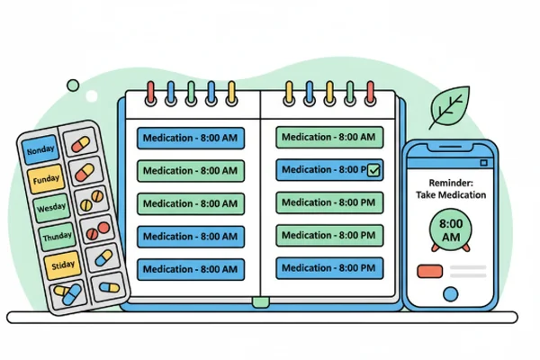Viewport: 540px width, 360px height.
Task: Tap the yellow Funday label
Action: [x=45, y=179]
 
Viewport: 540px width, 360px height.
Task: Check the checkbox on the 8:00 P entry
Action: [x=374, y=168]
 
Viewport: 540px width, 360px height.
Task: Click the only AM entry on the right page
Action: [x=329, y=137]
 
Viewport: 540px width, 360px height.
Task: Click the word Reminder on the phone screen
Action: [x=451, y=182]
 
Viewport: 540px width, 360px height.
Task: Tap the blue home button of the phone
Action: [x=450, y=292]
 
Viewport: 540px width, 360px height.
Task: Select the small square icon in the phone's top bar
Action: [x=483, y=162]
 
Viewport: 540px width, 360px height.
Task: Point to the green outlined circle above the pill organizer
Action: [x=73, y=85]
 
